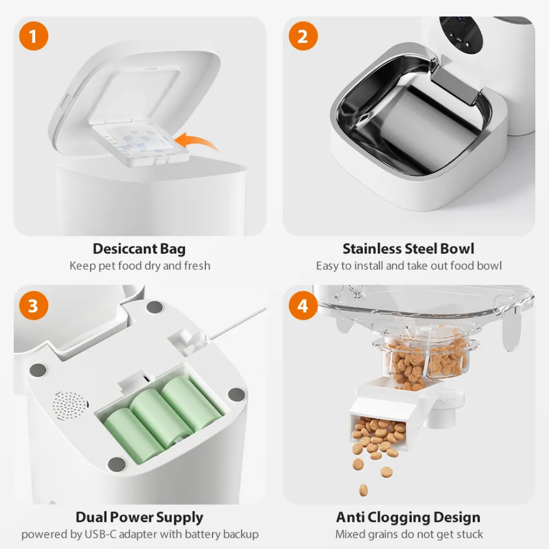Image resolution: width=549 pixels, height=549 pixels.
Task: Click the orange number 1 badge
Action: tap(34, 37)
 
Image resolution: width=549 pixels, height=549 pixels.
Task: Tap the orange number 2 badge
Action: tap(303, 37)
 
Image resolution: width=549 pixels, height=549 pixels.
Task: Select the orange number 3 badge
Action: tap(34, 306)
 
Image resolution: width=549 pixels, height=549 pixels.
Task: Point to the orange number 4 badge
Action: tap(303, 306)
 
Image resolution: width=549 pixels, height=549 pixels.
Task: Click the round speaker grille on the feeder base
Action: tap(70, 405)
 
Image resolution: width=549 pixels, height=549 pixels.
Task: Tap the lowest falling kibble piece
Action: tap(363, 490)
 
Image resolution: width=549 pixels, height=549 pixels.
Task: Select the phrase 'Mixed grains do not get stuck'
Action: tap(409, 534)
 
